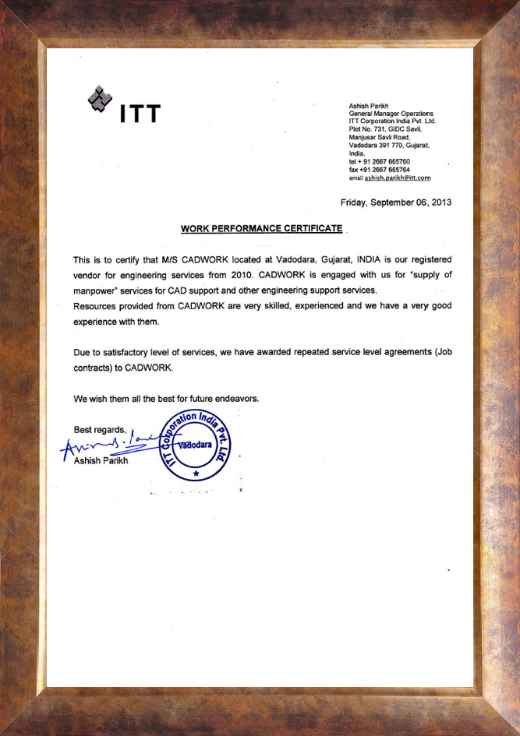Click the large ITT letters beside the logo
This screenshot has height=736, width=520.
(140, 114)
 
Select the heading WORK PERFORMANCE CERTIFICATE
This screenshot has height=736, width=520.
(261, 229)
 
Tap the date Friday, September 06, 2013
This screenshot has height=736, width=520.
(396, 202)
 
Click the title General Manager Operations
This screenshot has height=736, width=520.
(391, 114)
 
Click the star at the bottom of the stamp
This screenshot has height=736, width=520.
(196, 474)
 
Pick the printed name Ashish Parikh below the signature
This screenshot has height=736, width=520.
(102, 462)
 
